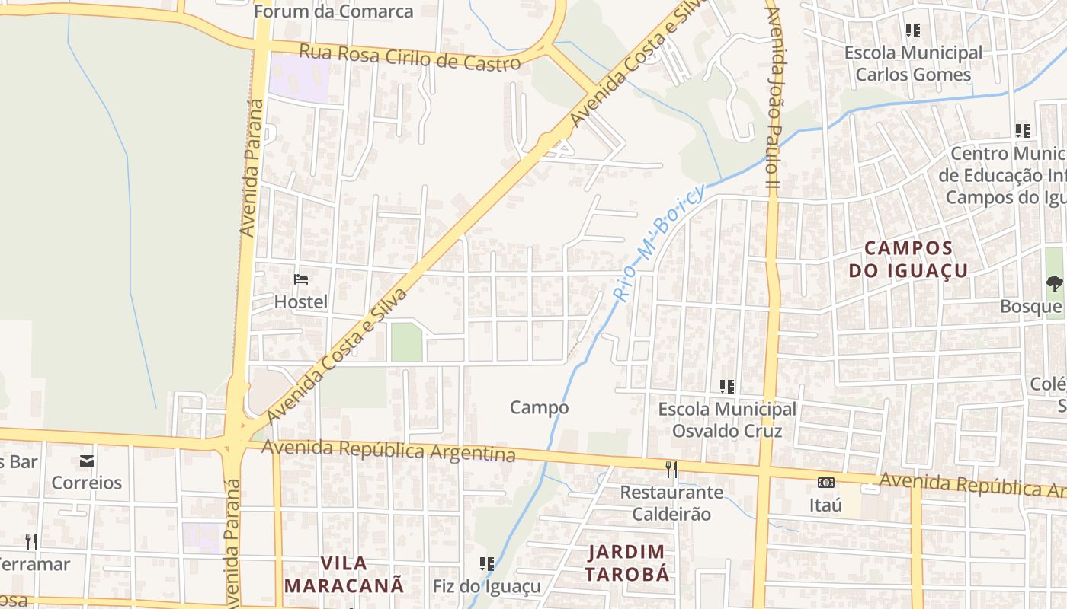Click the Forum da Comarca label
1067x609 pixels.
pyautogui.click(x=333, y=11)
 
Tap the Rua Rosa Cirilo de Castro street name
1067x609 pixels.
pyautogui.click(x=410, y=58)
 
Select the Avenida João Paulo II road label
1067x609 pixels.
pyautogui.click(x=774, y=99)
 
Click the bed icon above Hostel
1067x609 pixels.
pyautogui.click(x=301, y=279)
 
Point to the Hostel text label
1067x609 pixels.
pyautogui.click(x=301, y=302)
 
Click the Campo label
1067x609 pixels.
pyautogui.click(x=539, y=407)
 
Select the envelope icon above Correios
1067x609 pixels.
pyautogui.click(x=87, y=461)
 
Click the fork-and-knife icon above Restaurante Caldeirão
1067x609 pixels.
pyautogui.click(x=671, y=469)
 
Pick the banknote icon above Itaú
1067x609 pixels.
pyautogui.click(x=825, y=482)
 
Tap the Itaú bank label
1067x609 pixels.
pyautogui.click(x=825, y=505)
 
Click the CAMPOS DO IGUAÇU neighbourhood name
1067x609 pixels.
pyautogui.click(x=908, y=259)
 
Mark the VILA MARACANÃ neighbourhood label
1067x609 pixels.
pyautogui.click(x=343, y=574)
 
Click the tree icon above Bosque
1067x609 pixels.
pyautogui.click(x=1054, y=284)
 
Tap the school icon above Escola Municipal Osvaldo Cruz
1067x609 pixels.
pyautogui.click(x=727, y=387)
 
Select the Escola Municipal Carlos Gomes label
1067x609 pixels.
pyautogui.click(x=913, y=63)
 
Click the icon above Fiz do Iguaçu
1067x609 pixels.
pyautogui.click(x=486, y=564)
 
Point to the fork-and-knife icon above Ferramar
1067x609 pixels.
pyautogui.click(x=31, y=541)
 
